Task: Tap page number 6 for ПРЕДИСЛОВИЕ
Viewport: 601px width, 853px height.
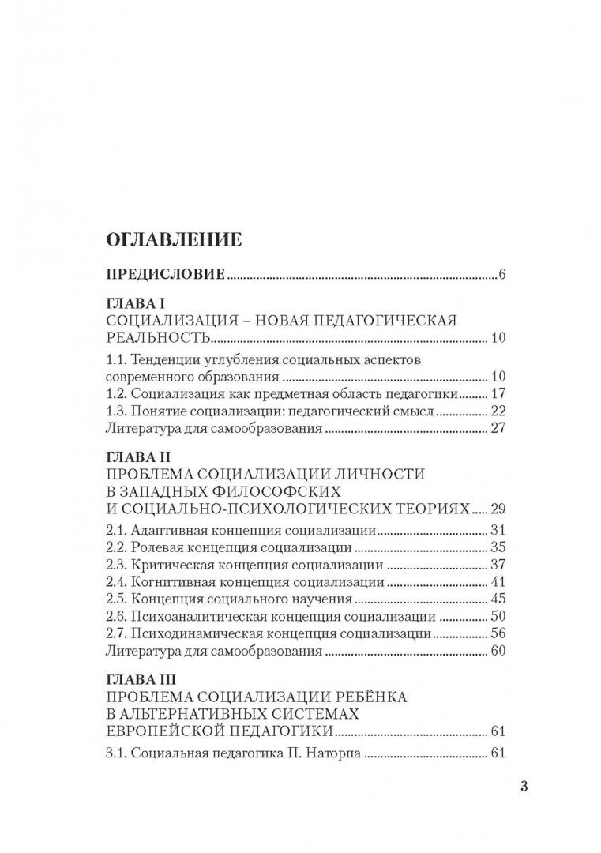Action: (501, 275)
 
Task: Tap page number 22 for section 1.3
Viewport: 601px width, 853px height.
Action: (497, 411)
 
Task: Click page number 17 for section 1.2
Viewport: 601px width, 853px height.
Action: (497, 393)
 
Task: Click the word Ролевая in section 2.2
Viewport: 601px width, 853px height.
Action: (157, 547)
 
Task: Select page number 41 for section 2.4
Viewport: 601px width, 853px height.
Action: (497, 582)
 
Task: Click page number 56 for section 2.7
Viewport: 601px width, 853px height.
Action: (497, 634)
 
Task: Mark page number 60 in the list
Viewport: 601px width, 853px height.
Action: (497, 652)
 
